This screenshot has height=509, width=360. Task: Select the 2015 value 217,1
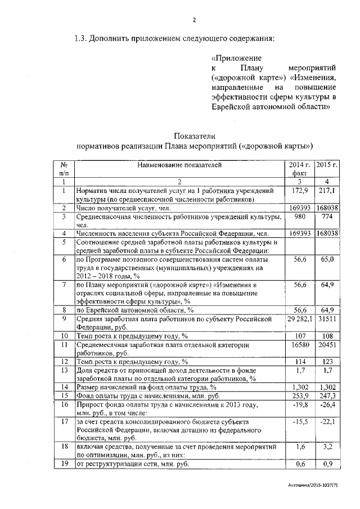[x=326, y=192]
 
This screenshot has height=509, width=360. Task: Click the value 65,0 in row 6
[x=326, y=259]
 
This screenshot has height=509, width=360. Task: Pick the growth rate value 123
[x=326, y=361]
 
